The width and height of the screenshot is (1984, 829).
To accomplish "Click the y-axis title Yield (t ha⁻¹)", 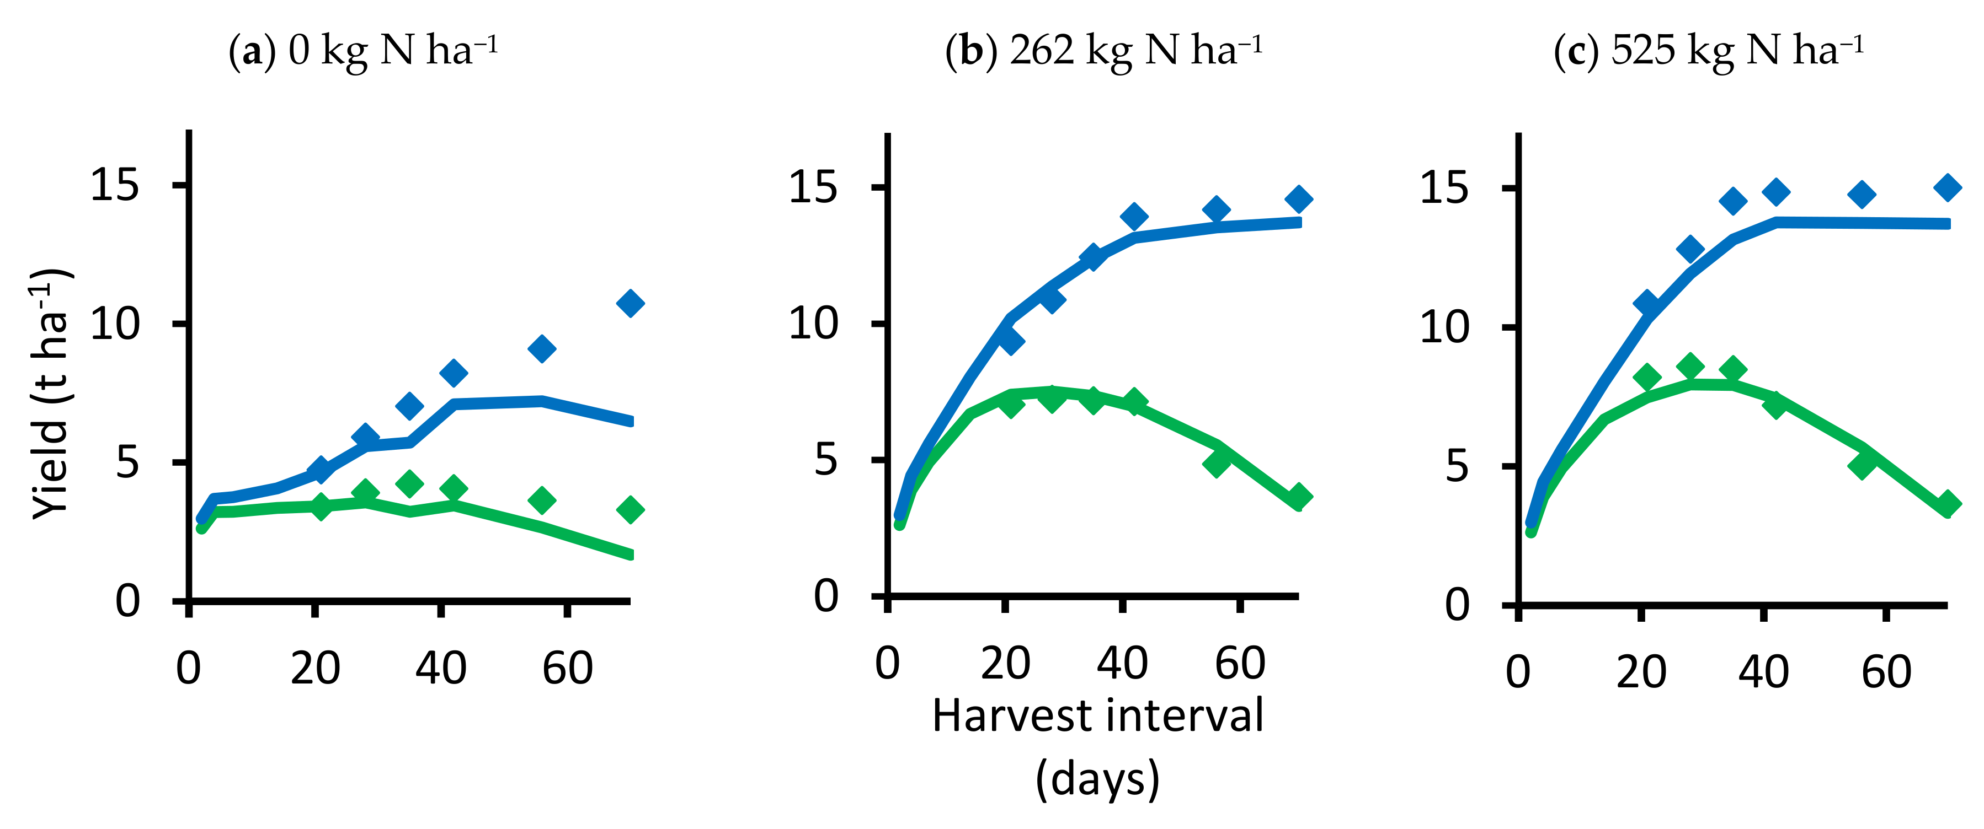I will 51,394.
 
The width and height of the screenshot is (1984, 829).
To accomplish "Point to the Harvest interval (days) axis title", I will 1097,747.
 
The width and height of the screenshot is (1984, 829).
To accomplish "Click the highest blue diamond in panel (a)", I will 630,303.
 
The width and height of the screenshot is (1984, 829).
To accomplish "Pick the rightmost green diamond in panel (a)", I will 630,509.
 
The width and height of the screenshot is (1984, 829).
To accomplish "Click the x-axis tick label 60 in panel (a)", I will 568,668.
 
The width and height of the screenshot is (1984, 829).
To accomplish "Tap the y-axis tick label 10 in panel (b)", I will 813,324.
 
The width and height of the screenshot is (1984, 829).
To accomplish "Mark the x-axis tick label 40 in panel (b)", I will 1122,664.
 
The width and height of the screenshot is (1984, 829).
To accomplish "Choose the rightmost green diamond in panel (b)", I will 1299,497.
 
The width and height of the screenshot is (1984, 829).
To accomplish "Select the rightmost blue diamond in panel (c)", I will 1948,187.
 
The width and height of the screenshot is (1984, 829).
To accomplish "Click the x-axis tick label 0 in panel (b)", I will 887,664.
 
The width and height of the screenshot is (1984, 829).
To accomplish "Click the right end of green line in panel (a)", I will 630,554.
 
